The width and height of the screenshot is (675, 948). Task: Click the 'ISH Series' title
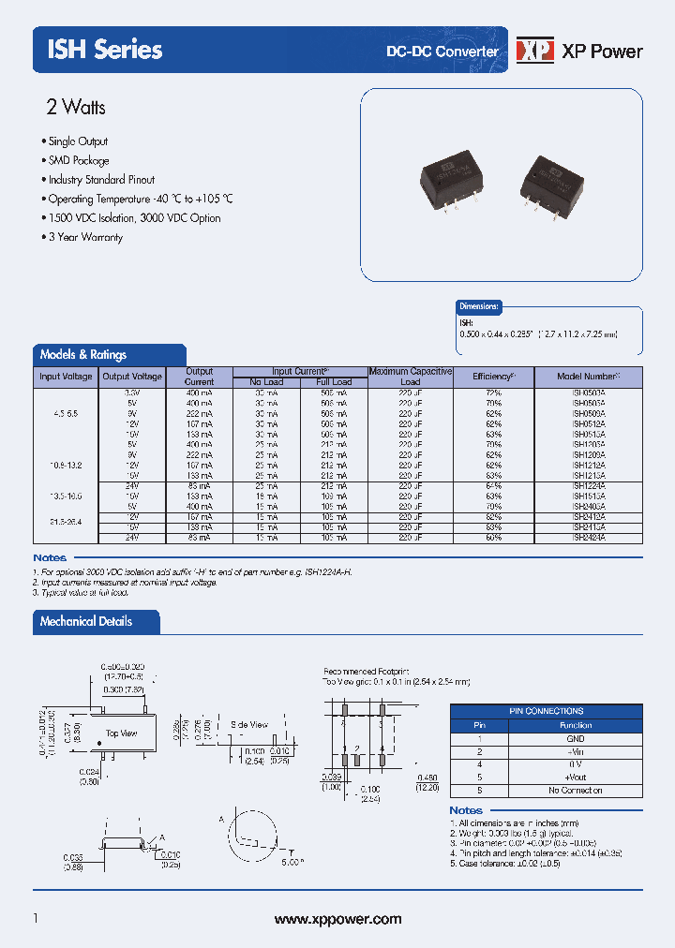tap(105, 50)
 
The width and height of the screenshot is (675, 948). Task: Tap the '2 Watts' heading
tap(76, 107)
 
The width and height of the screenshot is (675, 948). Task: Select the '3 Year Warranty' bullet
tap(85, 237)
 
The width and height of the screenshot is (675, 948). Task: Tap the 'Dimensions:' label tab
tap(479, 306)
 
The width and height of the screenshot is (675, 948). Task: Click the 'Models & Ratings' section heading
tap(83, 354)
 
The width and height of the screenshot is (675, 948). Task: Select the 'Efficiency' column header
tap(494, 377)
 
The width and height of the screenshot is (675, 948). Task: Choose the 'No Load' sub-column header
tap(266, 382)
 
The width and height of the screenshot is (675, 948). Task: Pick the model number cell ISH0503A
tap(589, 393)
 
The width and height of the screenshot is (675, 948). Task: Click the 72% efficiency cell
tap(494, 393)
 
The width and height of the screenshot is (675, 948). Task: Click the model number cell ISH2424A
tap(589, 538)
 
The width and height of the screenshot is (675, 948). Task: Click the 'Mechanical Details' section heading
tap(86, 621)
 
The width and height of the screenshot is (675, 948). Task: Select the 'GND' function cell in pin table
tap(576, 738)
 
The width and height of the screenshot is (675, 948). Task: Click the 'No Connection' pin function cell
tap(576, 790)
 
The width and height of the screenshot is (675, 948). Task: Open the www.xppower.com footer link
tap(337, 919)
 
